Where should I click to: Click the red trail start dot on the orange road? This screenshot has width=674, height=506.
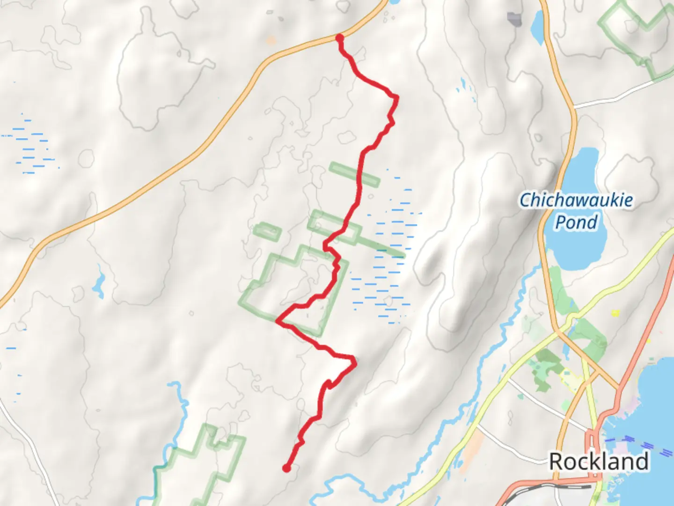pos(340,37)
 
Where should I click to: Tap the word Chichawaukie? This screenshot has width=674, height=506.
pos(576,200)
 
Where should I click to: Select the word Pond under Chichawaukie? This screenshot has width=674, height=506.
pos(576,222)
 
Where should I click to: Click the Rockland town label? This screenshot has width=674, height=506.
pos(599,461)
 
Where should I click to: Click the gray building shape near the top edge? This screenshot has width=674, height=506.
pos(514,19)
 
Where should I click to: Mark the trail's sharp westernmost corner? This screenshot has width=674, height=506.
pos(278,321)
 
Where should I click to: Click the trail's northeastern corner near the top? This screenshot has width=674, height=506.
pos(396,98)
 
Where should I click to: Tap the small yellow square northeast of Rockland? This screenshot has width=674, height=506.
pos(615,313)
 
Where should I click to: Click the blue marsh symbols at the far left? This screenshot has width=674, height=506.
pos(30,145)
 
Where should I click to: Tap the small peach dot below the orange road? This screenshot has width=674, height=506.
pos(271,41)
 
